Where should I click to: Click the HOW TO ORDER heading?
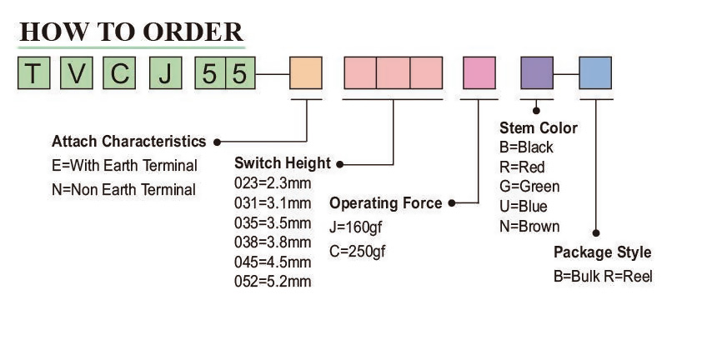pos(131,32)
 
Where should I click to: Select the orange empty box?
pos(306,73)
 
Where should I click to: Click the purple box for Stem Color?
pos(537,73)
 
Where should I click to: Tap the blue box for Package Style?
pos(596,73)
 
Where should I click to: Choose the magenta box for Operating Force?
pos(479,73)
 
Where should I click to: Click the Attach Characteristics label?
pos(128,141)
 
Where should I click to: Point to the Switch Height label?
pos(282,162)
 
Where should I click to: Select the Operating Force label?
pos(386,203)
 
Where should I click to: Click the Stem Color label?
pos(538,127)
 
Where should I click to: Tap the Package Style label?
pos(602,252)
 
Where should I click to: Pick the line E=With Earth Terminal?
pos(124,165)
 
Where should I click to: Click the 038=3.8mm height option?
pos(273,242)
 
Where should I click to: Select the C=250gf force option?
pos(358,251)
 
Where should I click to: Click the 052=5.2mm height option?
pos(273,282)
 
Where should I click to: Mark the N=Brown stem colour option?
pos(529,226)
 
